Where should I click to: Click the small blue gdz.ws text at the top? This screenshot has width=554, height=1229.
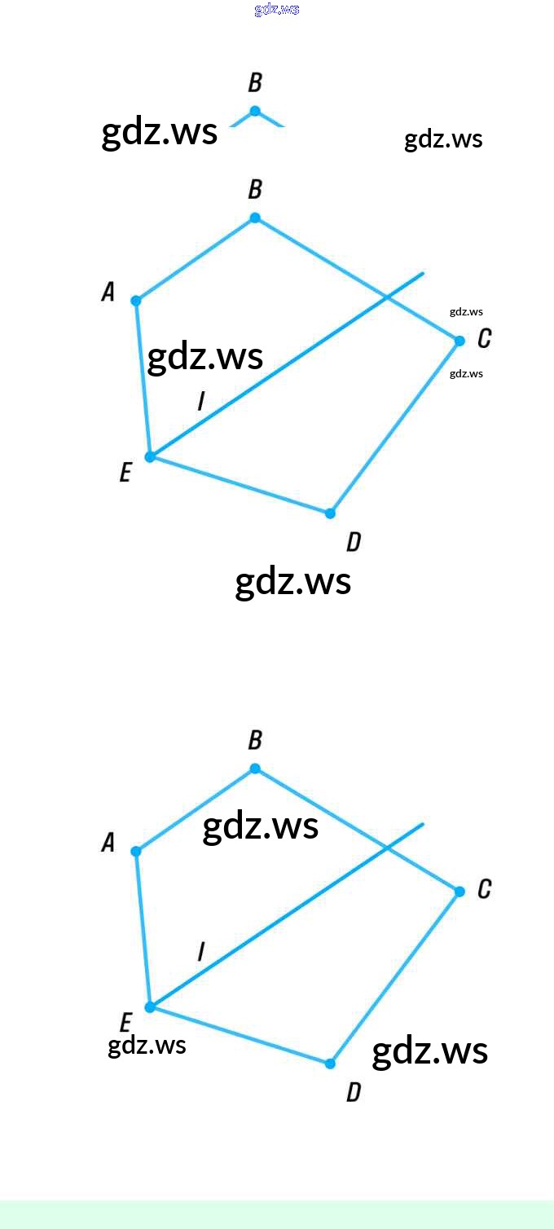click(277, 10)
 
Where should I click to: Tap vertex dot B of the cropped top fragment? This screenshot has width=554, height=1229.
click(255, 111)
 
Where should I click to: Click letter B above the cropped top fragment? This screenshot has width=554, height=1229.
click(255, 83)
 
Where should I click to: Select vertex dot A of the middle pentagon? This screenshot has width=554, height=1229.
click(136, 301)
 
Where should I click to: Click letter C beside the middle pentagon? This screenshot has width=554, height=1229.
click(484, 338)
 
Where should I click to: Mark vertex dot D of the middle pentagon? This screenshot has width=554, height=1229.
click(330, 513)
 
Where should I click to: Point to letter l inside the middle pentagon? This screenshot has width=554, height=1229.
click(200, 400)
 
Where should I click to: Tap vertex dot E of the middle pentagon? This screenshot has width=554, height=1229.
click(150, 456)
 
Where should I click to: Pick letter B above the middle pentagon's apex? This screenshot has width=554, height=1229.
click(255, 190)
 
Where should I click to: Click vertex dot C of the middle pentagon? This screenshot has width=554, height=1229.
click(459, 341)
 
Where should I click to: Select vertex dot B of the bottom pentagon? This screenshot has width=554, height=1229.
click(255, 769)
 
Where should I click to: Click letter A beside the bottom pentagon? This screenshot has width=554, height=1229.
click(108, 843)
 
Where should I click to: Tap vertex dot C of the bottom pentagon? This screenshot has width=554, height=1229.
click(459, 892)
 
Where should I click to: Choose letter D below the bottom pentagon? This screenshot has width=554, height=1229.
click(353, 1092)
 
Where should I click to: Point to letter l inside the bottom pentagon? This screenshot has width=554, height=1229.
click(200, 950)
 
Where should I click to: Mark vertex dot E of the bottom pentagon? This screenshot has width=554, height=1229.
click(150, 1007)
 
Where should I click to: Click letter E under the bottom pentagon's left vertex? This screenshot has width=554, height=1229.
click(125, 1023)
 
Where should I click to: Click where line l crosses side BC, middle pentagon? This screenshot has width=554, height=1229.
click(388, 297)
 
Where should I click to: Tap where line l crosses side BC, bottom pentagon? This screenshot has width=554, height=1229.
click(388, 848)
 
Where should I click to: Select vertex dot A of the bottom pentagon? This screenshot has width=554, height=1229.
click(136, 852)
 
